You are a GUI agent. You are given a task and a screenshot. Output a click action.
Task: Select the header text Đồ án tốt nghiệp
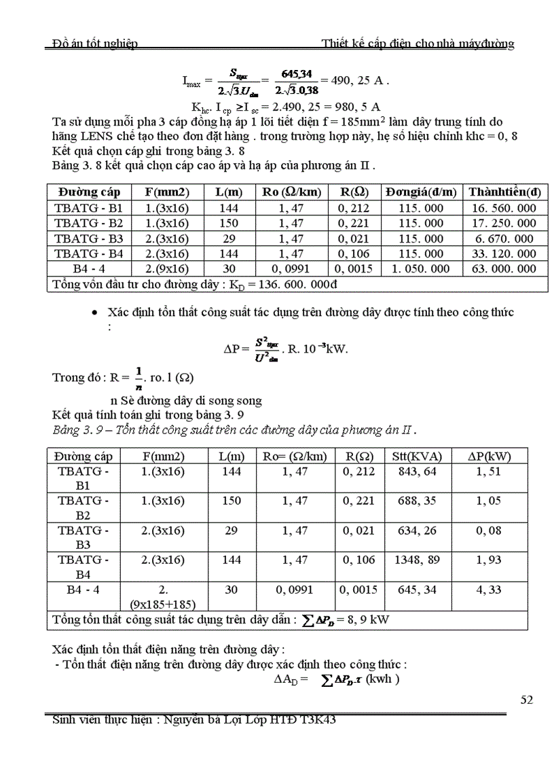pyautogui.click(x=96, y=44)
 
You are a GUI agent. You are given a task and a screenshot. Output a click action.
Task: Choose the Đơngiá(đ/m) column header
pyautogui.click(x=421, y=192)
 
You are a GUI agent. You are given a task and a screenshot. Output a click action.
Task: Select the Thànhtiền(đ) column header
pyautogui.click(x=507, y=192)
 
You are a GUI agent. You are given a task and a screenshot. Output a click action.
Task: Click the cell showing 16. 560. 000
pyautogui.click(x=507, y=208)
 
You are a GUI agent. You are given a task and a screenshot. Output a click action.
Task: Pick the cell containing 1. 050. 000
pyautogui.click(x=421, y=268)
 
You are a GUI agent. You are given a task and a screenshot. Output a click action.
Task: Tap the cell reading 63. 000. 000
pyautogui.click(x=507, y=268)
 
